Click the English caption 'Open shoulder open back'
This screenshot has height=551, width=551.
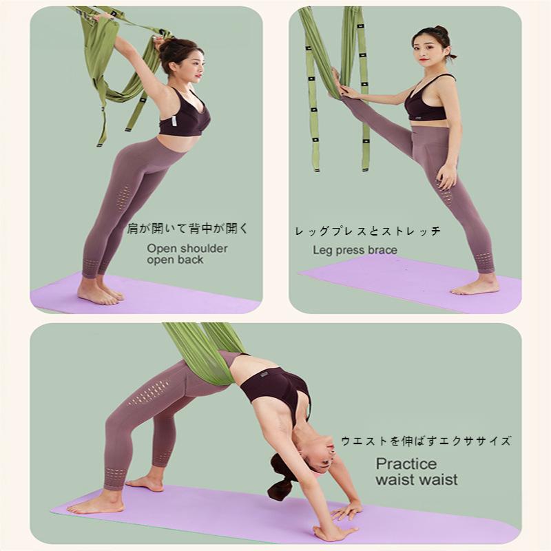pyautogui.click(x=187, y=254)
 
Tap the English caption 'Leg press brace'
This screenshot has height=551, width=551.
pyautogui.click(x=355, y=250)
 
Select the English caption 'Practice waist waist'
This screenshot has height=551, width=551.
pyautogui.click(x=417, y=472)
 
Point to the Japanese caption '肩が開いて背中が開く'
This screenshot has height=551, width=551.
pyautogui.click(x=187, y=229)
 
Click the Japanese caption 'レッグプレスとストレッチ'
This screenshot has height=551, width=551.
pyautogui.click(x=368, y=231)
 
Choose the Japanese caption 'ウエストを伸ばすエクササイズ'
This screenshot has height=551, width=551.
pyautogui.click(x=426, y=441)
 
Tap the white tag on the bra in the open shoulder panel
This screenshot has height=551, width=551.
pyautogui.click(x=174, y=121)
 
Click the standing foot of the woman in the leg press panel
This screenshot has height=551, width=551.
pyautogui.click(x=475, y=286)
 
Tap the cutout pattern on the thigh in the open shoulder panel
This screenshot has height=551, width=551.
pyautogui.click(x=123, y=198)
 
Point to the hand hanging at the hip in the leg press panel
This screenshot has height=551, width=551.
pyautogui.click(x=447, y=176)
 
